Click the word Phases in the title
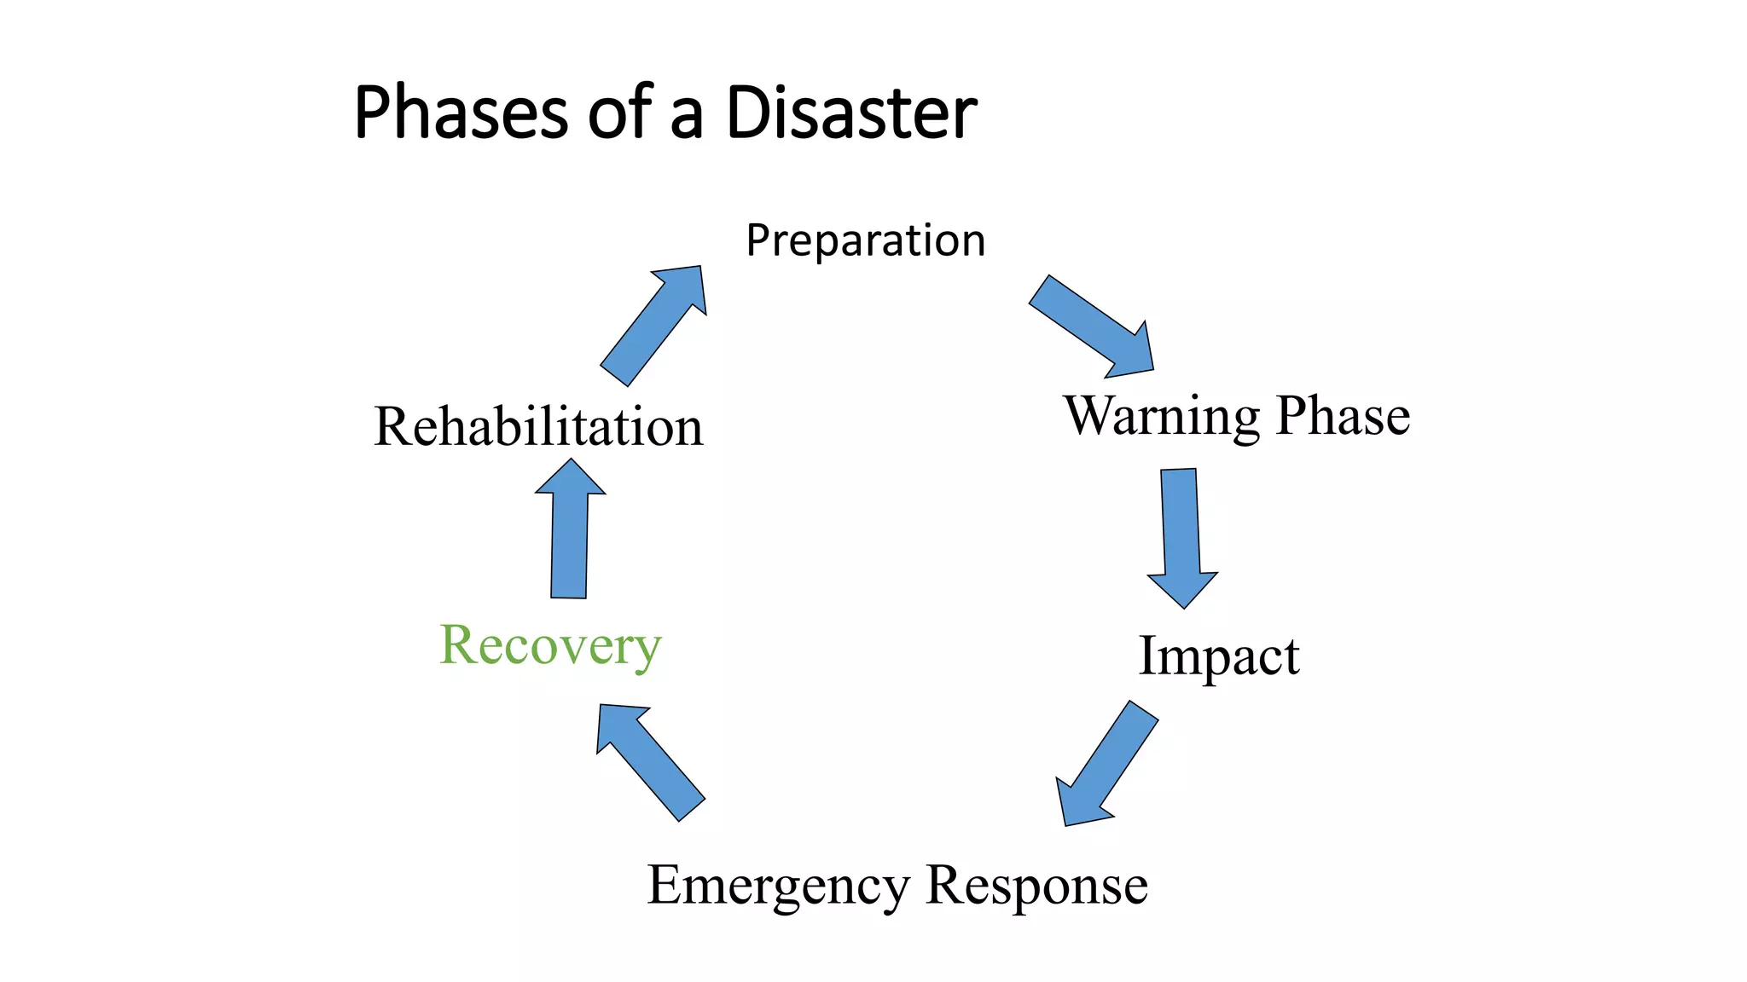click(461, 113)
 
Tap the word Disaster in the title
click(850, 113)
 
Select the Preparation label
click(865, 240)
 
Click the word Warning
click(1161, 416)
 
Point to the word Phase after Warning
click(1343, 416)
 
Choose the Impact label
click(1218, 656)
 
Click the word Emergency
click(778, 886)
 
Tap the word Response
click(1036, 886)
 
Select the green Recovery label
click(550, 645)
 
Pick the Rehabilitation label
click(538, 426)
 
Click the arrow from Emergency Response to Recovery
click(650, 761)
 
